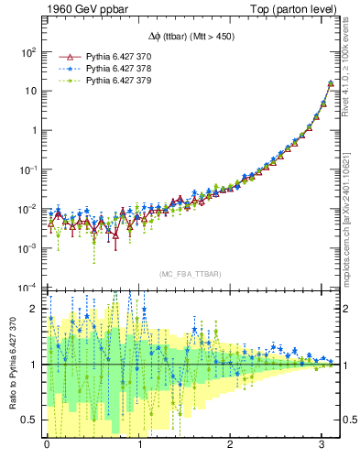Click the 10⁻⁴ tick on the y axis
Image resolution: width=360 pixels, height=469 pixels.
27,288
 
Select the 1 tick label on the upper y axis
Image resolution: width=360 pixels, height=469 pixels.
33,130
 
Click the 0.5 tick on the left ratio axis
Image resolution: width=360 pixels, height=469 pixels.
28,420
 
